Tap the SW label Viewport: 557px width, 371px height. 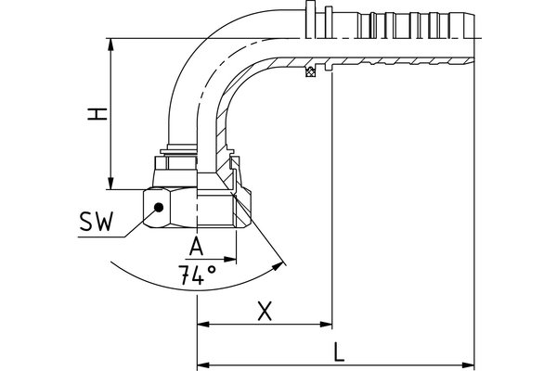tap(96, 224)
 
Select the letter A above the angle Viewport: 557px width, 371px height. tap(196, 246)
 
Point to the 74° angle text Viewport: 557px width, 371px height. tap(197, 274)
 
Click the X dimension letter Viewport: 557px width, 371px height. tap(265, 312)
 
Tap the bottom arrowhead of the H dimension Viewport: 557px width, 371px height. tap(111, 183)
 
